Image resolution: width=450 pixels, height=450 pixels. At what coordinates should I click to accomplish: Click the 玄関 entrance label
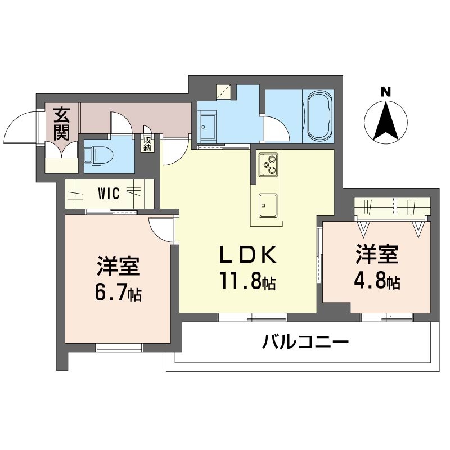tap(62, 123)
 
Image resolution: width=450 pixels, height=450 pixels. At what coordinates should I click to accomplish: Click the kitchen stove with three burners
tap(268, 165)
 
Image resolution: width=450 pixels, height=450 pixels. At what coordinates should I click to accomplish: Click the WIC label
tap(109, 193)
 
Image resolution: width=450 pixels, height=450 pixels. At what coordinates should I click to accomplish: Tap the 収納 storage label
tap(147, 144)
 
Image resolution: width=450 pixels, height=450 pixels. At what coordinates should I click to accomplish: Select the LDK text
tap(248, 255)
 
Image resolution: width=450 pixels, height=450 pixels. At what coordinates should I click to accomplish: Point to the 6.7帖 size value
tap(118, 292)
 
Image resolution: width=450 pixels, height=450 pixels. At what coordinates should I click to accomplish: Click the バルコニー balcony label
tap(305, 342)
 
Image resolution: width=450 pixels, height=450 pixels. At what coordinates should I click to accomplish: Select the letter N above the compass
tap(386, 92)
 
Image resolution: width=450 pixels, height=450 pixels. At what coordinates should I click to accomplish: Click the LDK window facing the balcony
tap(253, 317)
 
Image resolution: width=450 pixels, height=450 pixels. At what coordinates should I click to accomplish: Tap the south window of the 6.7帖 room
tap(119, 347)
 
